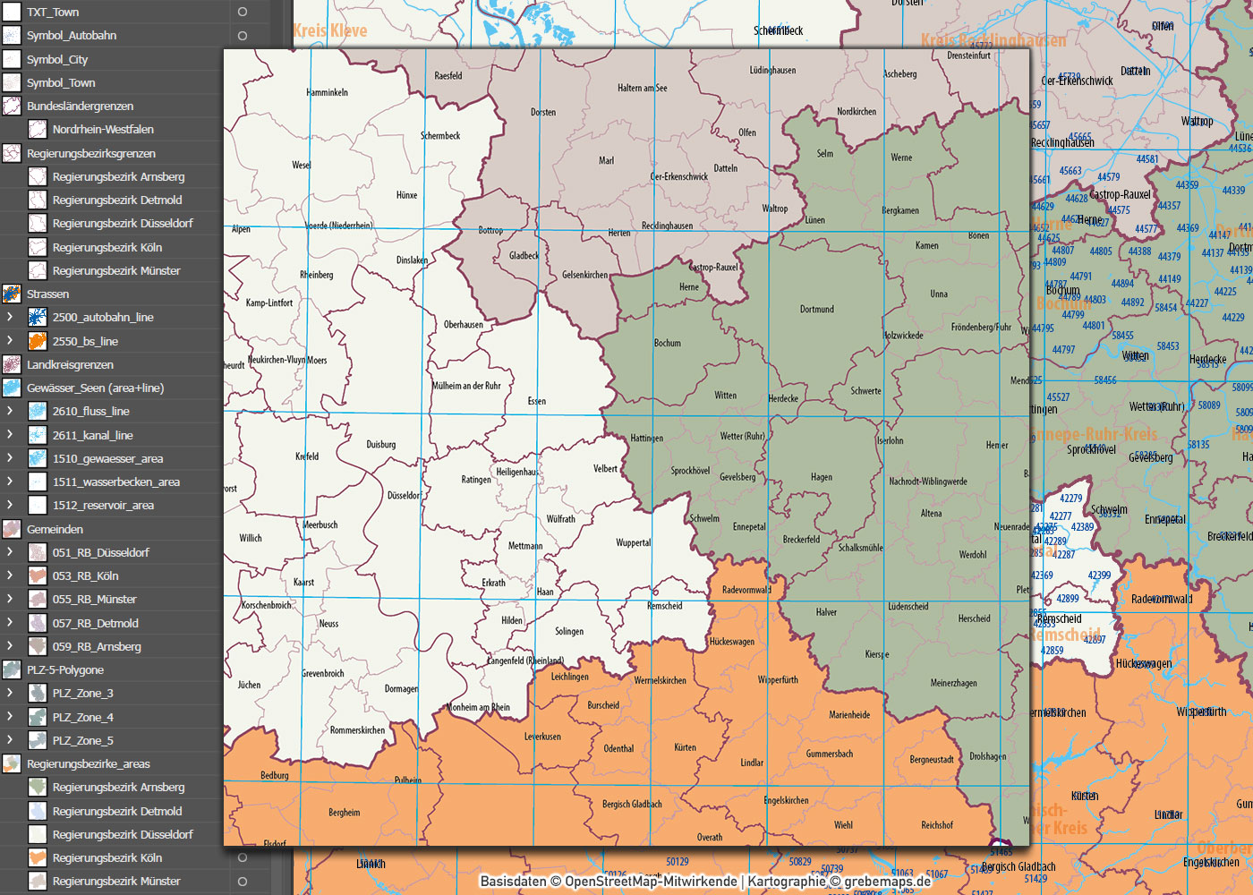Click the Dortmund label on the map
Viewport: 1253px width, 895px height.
(x=816, y=310)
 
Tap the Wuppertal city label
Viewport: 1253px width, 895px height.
(x=634, y=543)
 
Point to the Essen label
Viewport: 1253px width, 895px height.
(x=537, y=401)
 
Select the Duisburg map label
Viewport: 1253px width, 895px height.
(x=380, y=445)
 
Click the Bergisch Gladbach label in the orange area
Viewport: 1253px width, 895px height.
(x=632, y=805)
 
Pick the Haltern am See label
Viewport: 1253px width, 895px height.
(x=642, y=89)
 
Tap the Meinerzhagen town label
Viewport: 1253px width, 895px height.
(x=953, y=684)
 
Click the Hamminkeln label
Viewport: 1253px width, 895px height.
(x=327, y=93)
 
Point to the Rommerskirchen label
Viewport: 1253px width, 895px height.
(x=357, y=730)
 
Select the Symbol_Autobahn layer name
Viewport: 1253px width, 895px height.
(x=72, y=36)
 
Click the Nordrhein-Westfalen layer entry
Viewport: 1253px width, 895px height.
(x=103, y=130)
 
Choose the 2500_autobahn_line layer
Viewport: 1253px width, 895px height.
(x=103, y=318)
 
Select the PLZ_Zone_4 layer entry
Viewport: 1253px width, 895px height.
(x=82, y=717)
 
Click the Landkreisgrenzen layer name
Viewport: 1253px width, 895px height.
(x=70, y=365)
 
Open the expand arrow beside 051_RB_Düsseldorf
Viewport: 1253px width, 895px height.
(x=10, y=552)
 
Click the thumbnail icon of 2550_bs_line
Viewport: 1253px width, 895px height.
(x=37, y=341)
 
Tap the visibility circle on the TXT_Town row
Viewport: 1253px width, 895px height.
(x=242, y=13)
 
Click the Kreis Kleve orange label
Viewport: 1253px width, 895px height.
(x=329, y=31)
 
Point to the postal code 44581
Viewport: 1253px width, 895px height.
(x=1146, y=159)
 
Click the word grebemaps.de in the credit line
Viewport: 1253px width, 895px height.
(x=887, y=882)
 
